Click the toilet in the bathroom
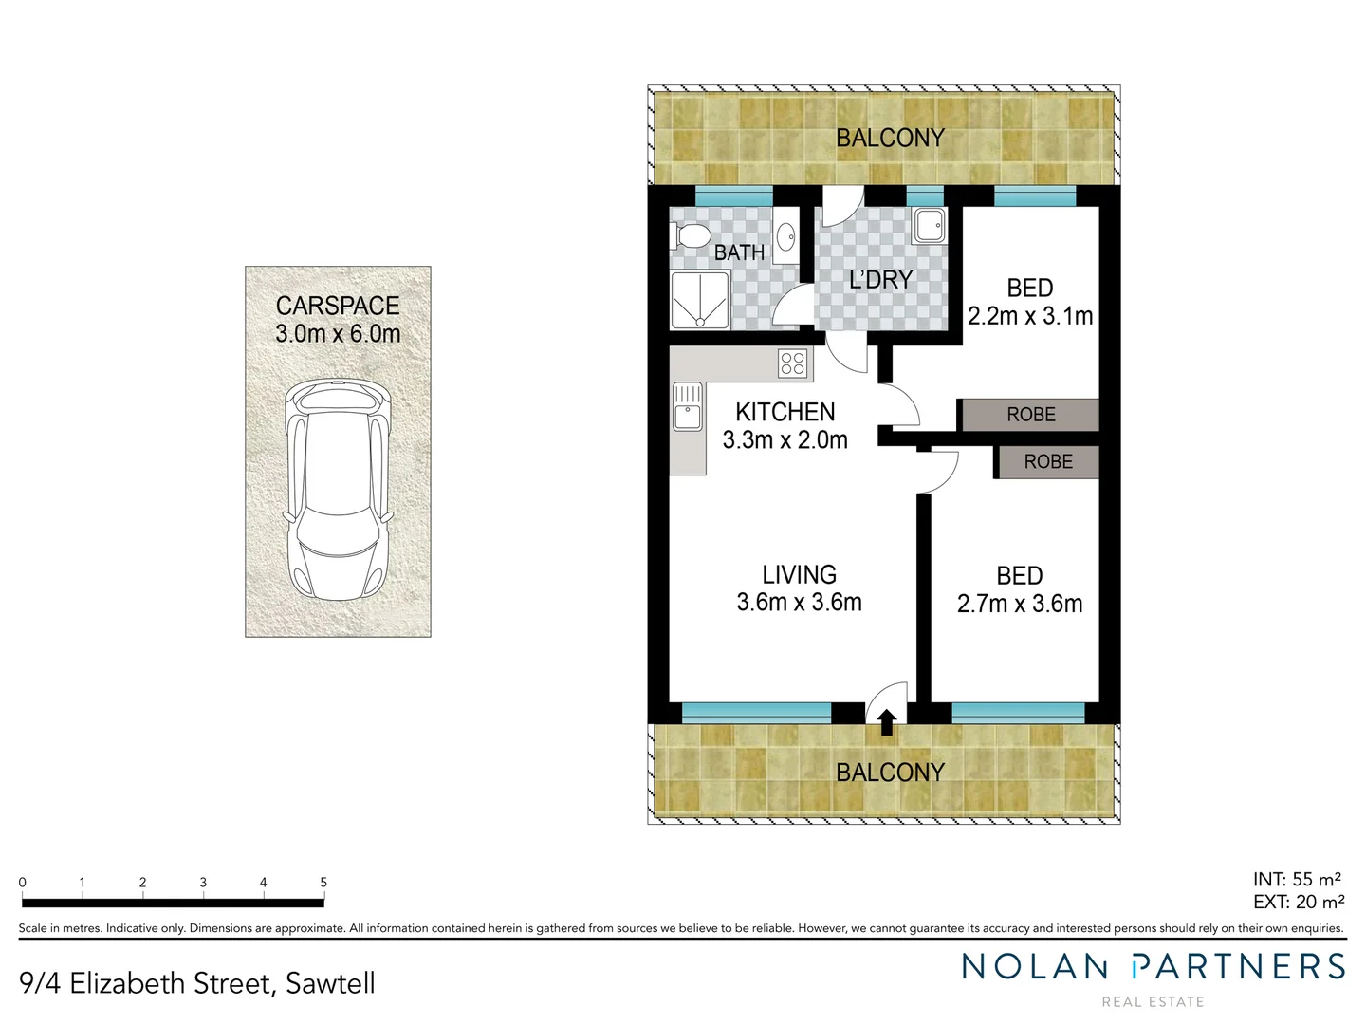(690, 235)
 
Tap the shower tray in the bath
(700, 299)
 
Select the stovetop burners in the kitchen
(792, 363)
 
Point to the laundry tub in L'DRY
(929, 226)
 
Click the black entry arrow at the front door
(886, 723)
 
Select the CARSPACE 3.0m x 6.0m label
(338, 320)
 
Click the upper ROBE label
(1030, 415)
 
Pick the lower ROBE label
(1048, 462)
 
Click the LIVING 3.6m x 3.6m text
(799, 588)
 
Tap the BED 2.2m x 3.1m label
(1030, 302)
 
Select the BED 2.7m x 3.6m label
(1020, 589)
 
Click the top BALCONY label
(890, 139)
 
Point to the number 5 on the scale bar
(323, 883)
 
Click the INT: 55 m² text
(1297, 880)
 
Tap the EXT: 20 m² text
(1298, 903)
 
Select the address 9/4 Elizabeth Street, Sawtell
(197, 983)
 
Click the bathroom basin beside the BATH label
(785, 235)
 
